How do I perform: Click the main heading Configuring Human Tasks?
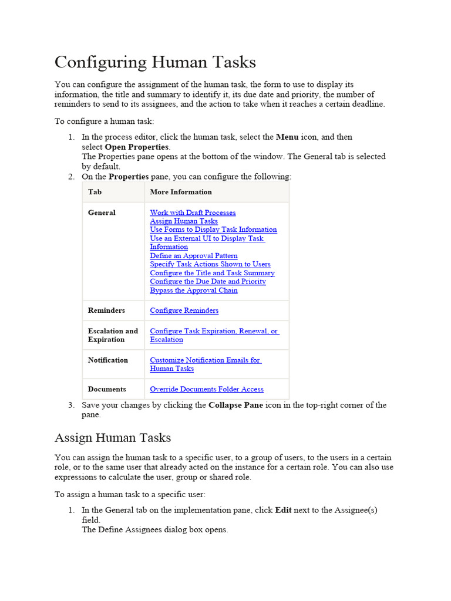(155, 62)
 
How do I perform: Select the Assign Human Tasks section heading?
(113, 437)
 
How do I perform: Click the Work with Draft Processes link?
(193, 212)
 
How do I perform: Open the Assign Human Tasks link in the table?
(184, 221)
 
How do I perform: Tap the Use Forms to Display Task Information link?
(213, 229)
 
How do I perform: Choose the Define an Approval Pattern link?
(194, 256)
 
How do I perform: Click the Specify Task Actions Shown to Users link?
(210, 264)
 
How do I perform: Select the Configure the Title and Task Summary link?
(212, 273)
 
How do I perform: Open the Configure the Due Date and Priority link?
(208, 282)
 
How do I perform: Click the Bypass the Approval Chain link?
(194, 291)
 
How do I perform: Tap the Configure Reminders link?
(184, 310)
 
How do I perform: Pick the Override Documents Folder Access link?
(207, 389)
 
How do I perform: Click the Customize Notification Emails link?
(205, 360)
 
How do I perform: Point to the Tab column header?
(95, 192)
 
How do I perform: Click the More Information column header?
(181, 192)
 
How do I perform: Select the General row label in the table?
(102, 212)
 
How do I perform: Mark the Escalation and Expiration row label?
(113, 335)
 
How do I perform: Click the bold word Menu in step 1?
(287, 137)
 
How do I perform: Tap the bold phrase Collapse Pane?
(235, 405)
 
